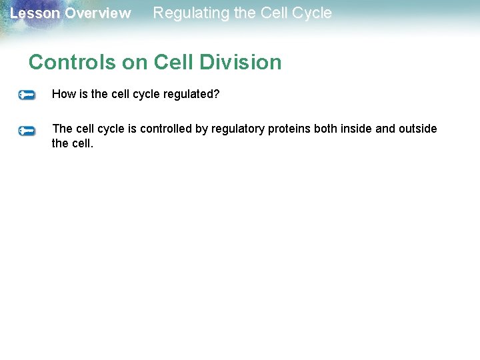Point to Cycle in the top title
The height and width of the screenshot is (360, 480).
point(309,13)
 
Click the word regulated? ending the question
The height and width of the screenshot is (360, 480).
point(192,94)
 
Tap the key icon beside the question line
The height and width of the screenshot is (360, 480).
point(27,95)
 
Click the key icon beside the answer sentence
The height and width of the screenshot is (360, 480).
point(27,131)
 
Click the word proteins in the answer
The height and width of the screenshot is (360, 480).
point(285,129)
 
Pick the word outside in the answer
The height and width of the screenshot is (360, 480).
point(418,129)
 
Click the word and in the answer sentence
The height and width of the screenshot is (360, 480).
point(385,129)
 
